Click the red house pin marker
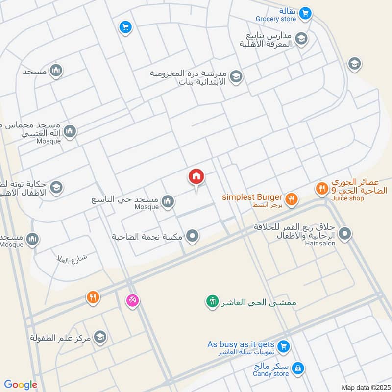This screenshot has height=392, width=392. [x=196, y=176]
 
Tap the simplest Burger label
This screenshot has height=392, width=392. [x=252, y=197]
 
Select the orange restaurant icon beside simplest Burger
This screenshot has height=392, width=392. [x=292, y=198]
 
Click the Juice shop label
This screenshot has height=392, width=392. [x=347, y=198]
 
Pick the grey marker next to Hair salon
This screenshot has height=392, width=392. [x=345, y=234]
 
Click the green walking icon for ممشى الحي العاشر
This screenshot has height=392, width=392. [x=212, y=301]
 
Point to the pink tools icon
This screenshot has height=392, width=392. [x=132, y=300]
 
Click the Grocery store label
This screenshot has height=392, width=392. [x=276, y=19]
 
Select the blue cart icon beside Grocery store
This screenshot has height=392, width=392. [x=305, y=13]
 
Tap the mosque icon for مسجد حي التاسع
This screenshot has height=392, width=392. [x=168, y=201]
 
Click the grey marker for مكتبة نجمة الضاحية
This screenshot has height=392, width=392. [x=193, y=236]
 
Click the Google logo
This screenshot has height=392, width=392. [x=21, y=385]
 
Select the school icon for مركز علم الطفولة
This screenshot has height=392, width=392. [x=100, y=337]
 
